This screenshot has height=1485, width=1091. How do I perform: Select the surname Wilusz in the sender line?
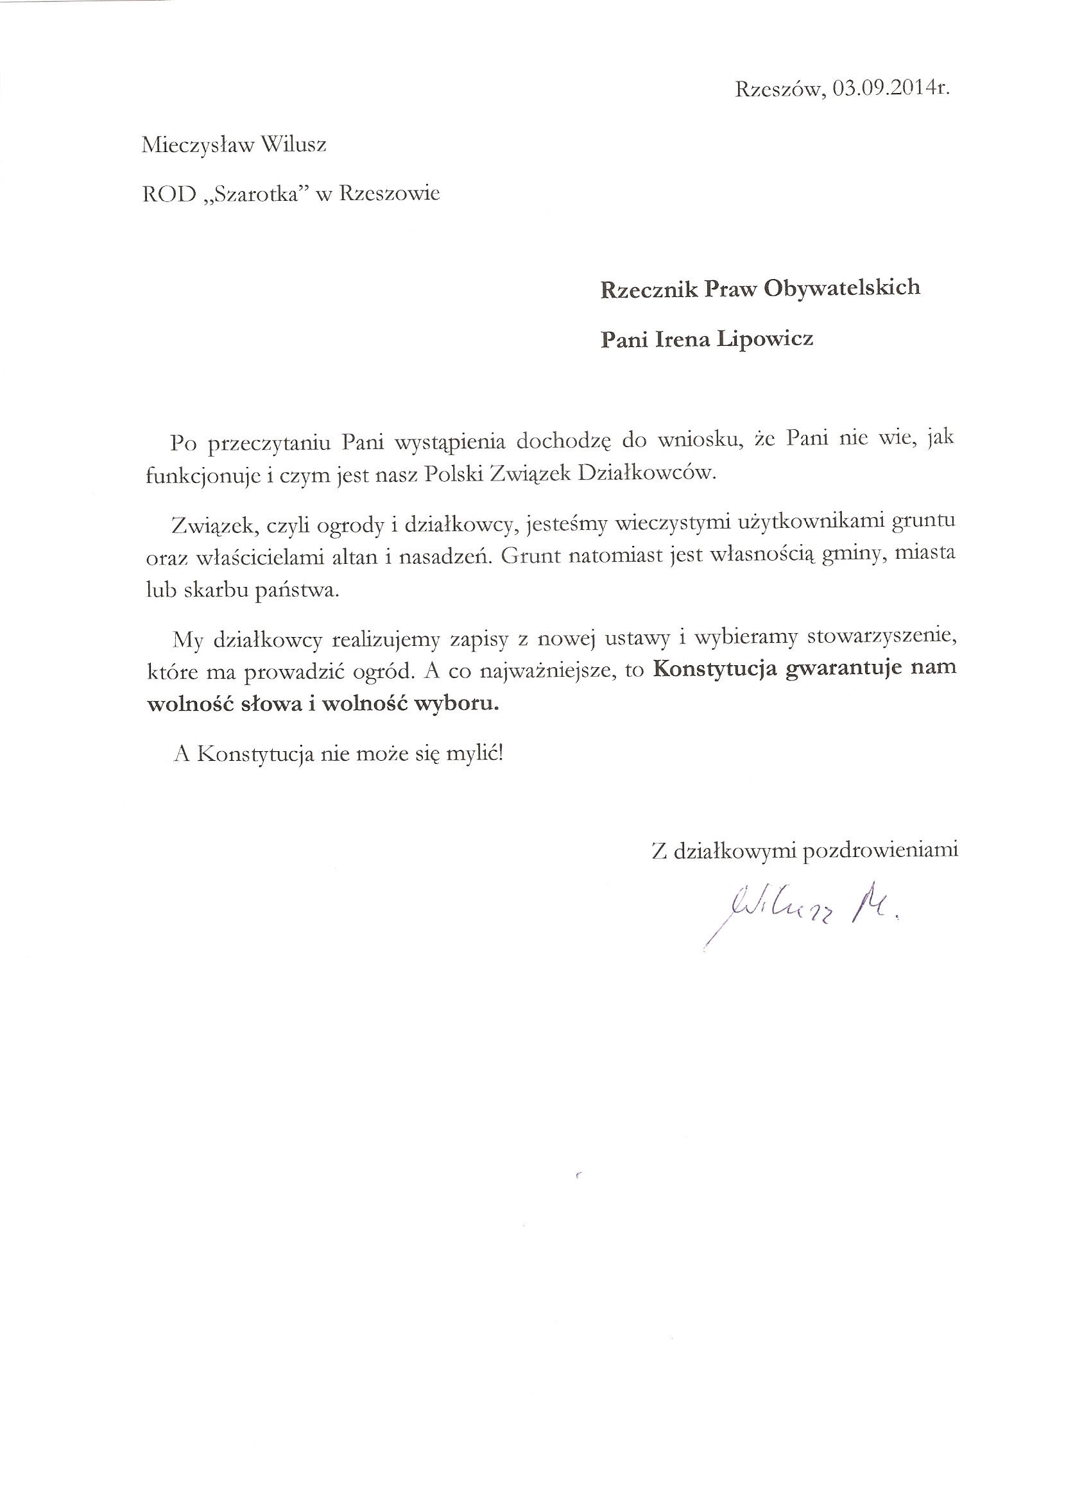(x=293, y=144)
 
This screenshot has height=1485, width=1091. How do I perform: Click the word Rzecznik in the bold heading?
(x=647, y=289)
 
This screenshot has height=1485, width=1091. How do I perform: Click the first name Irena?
(x=680, y=339)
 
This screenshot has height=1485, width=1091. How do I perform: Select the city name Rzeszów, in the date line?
(x=779, y=89)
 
